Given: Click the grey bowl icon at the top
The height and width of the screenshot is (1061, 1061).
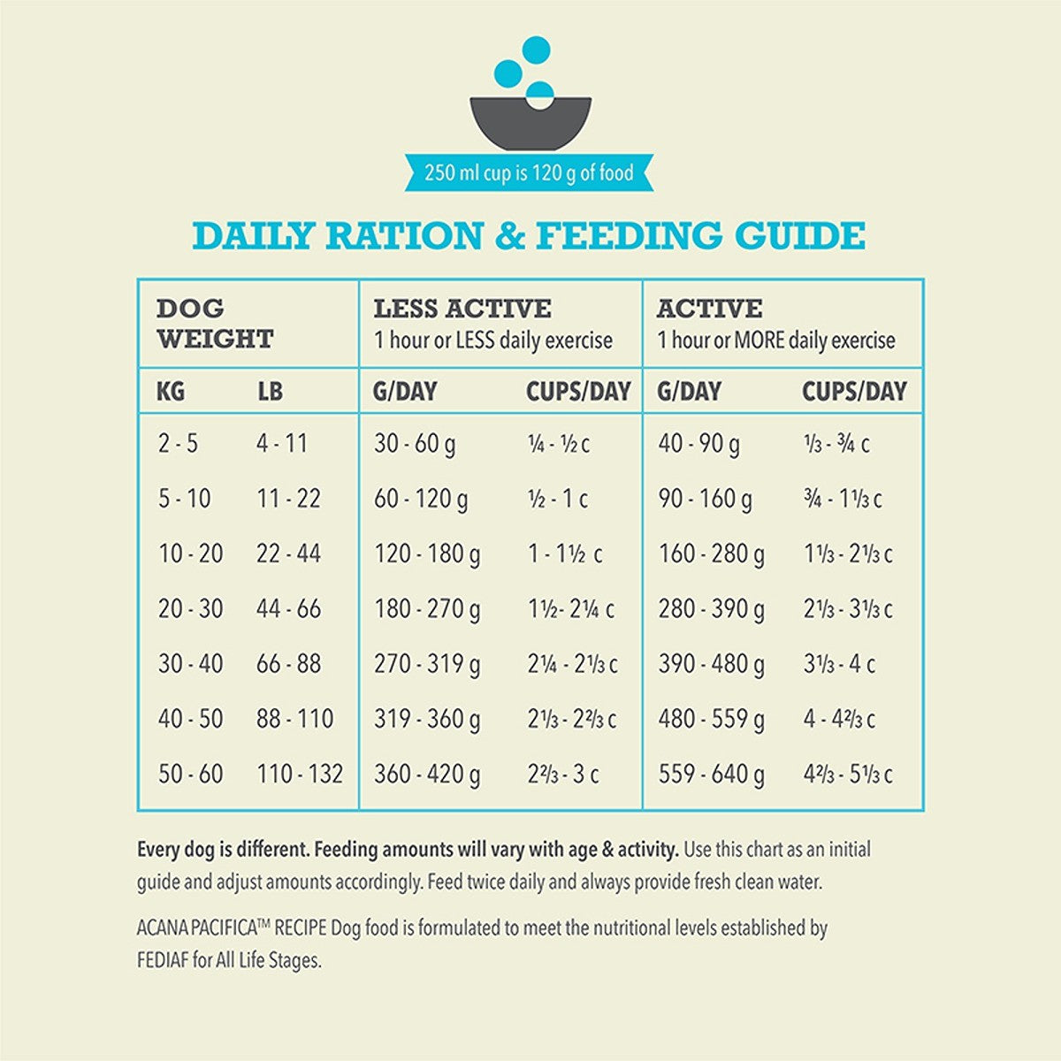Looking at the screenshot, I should click(530, 124).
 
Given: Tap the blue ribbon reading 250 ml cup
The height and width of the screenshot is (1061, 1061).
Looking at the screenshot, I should click(529, 172).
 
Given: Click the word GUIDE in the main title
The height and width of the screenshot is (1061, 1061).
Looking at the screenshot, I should click(800, 237).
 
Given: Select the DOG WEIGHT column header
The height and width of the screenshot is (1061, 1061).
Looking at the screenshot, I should click(215, 324).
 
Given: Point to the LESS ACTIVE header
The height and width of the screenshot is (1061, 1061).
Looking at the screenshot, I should click(462, 309).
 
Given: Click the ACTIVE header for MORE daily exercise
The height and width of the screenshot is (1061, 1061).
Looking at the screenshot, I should click(709, 309).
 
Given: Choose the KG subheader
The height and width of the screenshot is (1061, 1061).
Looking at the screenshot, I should click(171, 391).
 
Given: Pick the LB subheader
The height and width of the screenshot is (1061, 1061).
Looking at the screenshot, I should click(270, 391).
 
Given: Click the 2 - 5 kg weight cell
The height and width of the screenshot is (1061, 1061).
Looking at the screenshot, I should click(178, 443).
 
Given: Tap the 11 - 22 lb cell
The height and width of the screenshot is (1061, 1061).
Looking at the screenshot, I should click(288, 499).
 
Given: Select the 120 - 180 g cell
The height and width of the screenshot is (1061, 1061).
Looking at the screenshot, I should click(427, 554).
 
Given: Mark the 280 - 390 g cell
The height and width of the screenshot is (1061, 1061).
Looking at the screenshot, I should click(712, 609).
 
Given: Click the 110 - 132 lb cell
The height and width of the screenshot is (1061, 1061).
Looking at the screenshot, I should click(300, 775).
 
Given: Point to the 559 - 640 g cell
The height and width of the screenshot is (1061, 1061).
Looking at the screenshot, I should click(712, 775).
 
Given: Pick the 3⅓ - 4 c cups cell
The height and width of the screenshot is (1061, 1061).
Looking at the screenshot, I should click(839, 664).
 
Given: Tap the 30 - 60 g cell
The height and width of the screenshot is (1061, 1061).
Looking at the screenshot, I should click(415, 443).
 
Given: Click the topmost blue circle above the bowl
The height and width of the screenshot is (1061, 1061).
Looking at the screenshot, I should click(536, 50).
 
